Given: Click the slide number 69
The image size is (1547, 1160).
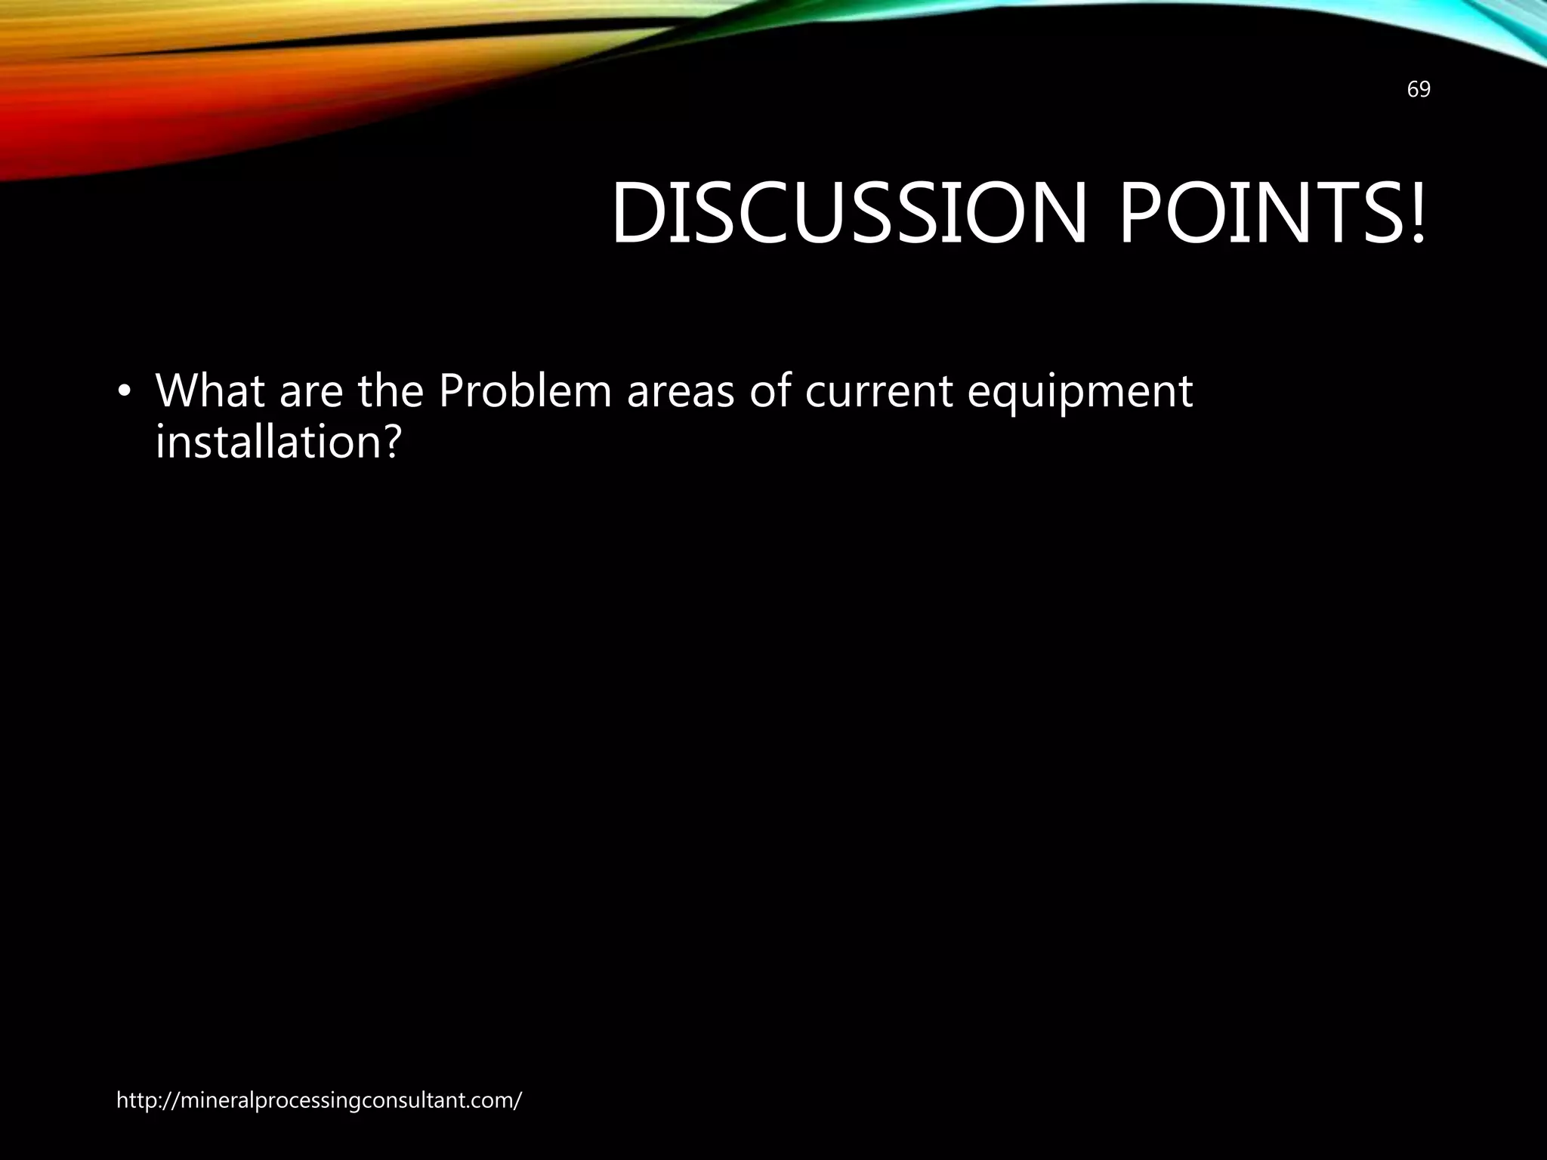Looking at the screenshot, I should click(1419, 90).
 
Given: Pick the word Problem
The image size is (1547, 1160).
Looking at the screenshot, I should click(524, 391).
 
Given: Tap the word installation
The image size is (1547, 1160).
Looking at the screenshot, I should click(264, 442).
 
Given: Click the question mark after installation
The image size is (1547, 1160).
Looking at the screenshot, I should click(387, 442).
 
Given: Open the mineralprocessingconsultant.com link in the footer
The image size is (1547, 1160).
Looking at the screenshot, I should click(319, 1101).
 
